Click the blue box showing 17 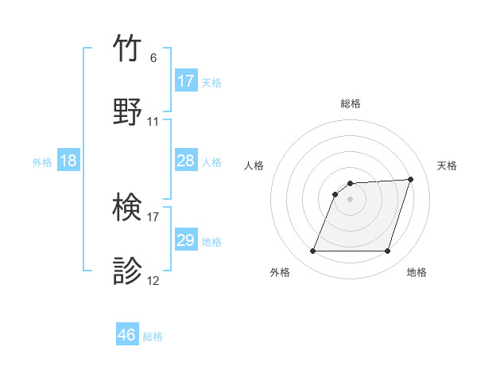[x=186, y=81]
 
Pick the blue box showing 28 [x=186, y=161]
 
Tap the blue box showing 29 [x=186, y=240]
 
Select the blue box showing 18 [x=68, y=161]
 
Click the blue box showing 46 [x=127, y=335]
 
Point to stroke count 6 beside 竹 [x=153, y=58]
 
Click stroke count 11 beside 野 [x=153, y=122]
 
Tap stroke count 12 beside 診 [x=153, y=281]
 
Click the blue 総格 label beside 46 [x=153, y=337]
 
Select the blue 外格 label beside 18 [x=42, y=162]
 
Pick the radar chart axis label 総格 [x=351, y=103]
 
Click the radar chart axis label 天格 [x=448, y=166]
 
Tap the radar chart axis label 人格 [x=254, y=166]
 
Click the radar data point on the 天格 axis [x=411, y=179]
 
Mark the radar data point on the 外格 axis [x=313, y=251]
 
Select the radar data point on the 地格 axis [x=388, y=251]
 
